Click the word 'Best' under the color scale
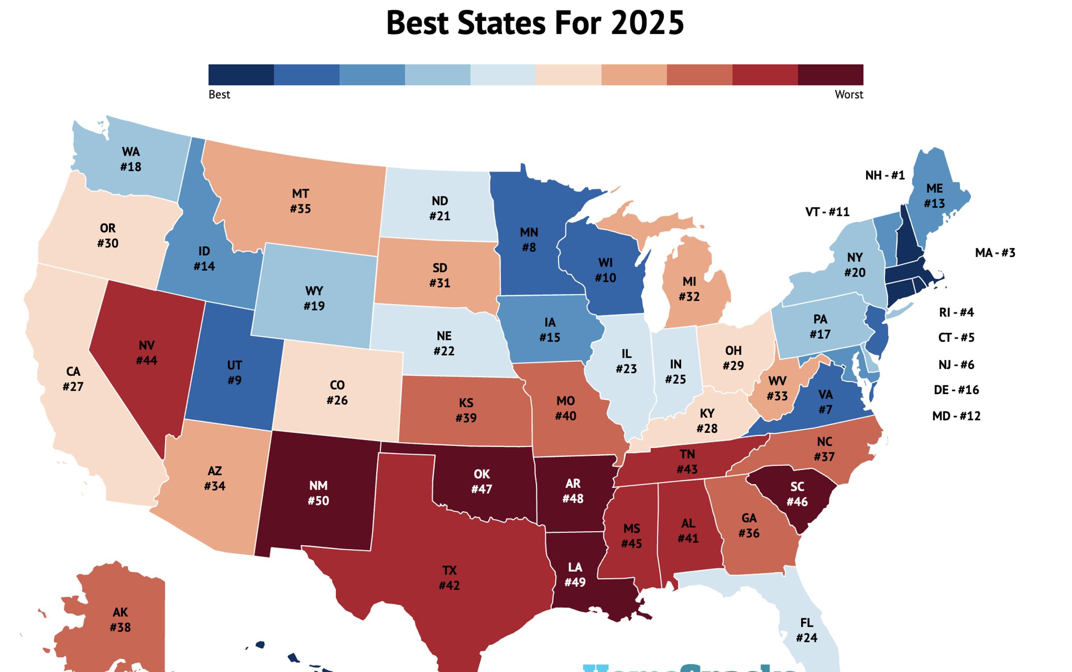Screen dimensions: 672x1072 click(x=219, y=95)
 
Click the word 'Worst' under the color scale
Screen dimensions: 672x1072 click(x=849, y=95)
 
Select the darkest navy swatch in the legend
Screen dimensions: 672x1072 click(x=241, y=75)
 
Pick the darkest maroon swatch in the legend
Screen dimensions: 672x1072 click(x=830, y=75)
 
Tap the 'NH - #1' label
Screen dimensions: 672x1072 click(x=884, y=175)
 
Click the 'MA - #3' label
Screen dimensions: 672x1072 click(x=995, y=253)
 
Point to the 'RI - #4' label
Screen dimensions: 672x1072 click(x=956, y=312)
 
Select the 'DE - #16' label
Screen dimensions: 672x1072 click(x=956, y=390)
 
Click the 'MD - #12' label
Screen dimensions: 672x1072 click(x=956, y=416)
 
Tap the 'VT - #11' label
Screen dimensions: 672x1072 click(x=827, y=212)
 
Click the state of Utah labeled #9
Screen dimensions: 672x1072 click(x=234, y=373)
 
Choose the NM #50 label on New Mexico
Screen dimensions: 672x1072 click(x=318, y=493)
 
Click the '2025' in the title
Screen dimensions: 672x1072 click(x=647, y=23)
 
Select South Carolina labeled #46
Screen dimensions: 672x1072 click(x=797, y=494)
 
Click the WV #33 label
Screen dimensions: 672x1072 click(x=777, y=389)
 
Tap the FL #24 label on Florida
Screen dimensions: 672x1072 click(x=806, y=630)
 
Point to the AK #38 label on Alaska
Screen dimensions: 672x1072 click(x=120, y=620)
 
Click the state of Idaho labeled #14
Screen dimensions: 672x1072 click(x=204, y=259)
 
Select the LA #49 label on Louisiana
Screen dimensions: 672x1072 click(x=574, y=575)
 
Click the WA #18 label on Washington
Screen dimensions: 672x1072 click(x=130, y=159)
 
